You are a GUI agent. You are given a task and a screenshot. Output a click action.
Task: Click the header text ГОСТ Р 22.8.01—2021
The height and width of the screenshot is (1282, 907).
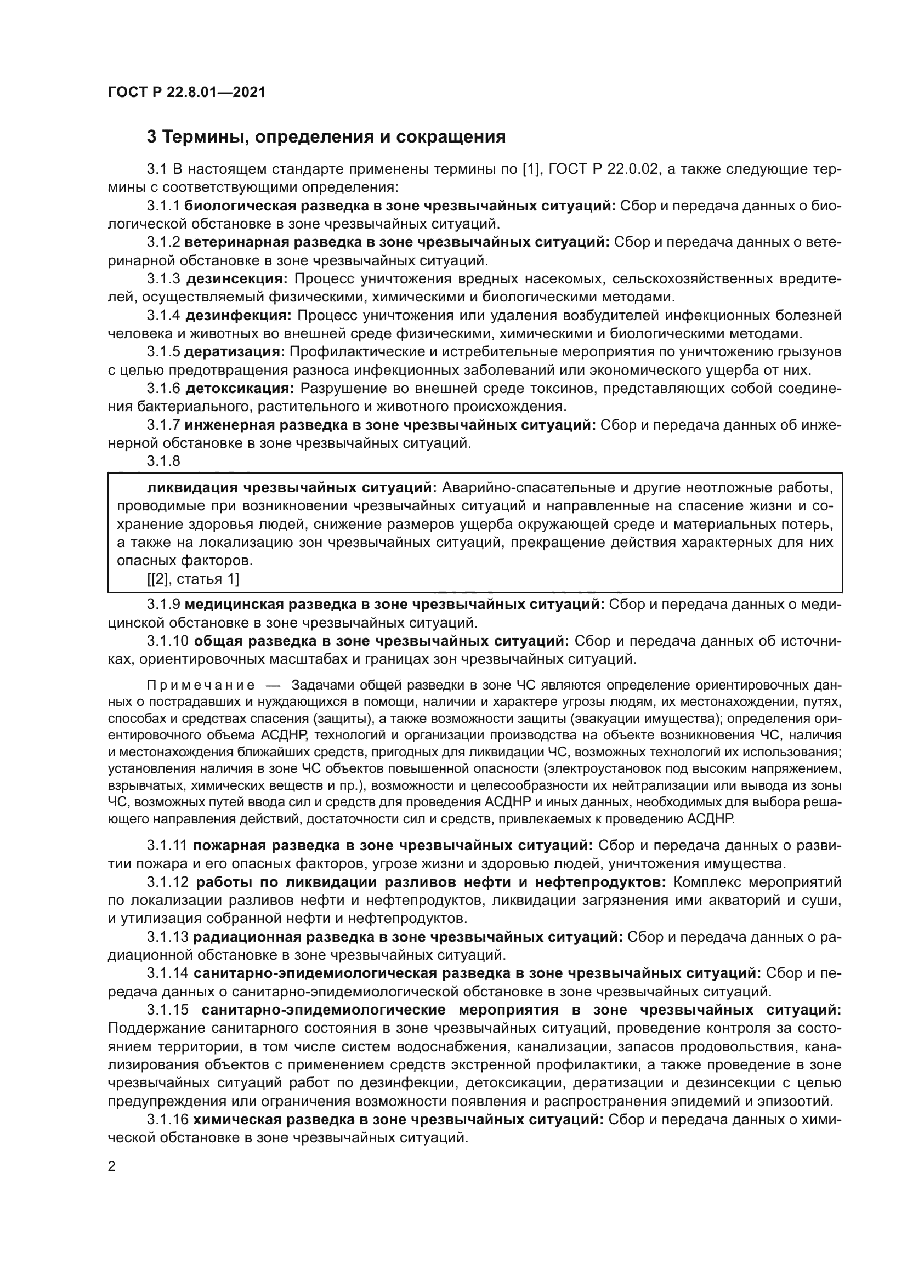pos(186,92)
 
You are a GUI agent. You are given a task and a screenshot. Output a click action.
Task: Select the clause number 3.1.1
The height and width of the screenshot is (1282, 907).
pos(163,206)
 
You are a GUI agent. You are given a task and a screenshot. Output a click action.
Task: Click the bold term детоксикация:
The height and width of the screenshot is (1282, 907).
pos(240,388)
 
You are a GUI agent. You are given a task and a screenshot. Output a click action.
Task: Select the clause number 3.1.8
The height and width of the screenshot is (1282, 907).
pos(163,461)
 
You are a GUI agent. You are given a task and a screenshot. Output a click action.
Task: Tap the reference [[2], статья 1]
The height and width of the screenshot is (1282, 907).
pos(192,579)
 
